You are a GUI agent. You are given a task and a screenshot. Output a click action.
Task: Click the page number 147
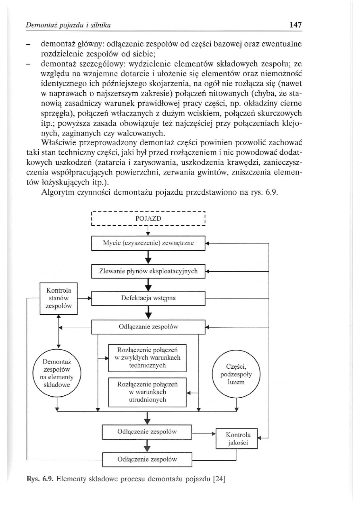[x=295, y=25]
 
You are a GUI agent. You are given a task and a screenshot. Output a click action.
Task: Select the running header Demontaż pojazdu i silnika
[x=68, y=25]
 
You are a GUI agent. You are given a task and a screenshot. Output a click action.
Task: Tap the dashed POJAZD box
[x=148, y=218]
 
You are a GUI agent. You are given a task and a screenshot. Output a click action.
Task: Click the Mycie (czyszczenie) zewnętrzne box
[x=148, y=243]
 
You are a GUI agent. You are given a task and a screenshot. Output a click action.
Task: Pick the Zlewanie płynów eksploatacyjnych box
[x=148, y=271]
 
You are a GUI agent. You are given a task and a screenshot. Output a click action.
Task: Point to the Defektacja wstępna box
[x=148, y=299]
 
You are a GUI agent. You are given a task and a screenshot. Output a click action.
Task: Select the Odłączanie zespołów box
[x=148, y=327]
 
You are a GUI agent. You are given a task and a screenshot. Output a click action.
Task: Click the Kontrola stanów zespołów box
[x=59, y=299]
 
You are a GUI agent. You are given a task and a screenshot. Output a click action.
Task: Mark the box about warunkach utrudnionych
[x=148, y=392]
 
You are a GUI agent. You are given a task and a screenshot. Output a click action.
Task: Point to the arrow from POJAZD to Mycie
[x=148, y=232]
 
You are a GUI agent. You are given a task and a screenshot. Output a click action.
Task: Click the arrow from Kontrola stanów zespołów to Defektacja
[x=85, y=299]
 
